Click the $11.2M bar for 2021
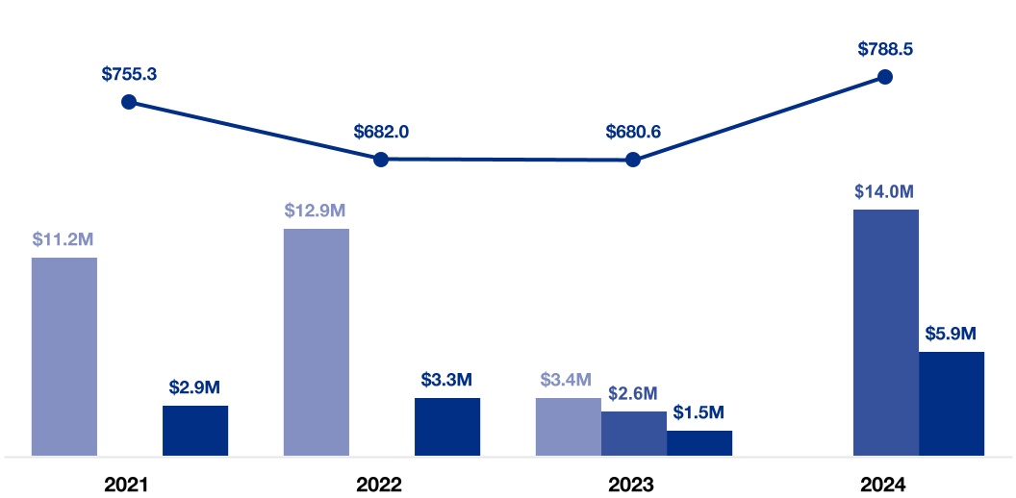coord(64,356)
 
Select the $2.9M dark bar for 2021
coord(195,430)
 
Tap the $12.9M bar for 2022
coord(317,341)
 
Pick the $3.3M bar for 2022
coord(447,426)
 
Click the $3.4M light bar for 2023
coord(569,426)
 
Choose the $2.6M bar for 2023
coord(634,433)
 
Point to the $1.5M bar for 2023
coord(699,442)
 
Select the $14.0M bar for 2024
coord(886,332)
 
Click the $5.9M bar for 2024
coord(952,403)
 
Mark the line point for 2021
coord(129,102)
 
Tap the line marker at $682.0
coord(381,160)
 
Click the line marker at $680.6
coord(633,161)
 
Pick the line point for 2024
coord(885,76)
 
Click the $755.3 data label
coord(129,73)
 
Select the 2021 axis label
coord(129,484)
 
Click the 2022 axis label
coord(381,484)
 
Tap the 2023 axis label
coord(633,484)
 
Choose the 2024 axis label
coord(885,484)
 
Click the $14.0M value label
coord(885,191)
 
